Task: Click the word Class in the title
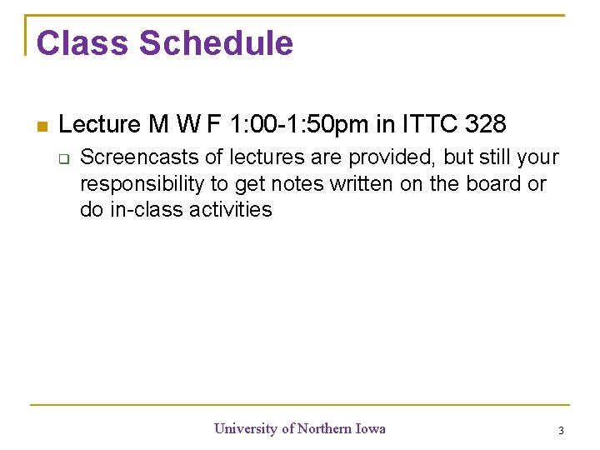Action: tap(82, 43)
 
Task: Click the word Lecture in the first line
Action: tap(100, 125)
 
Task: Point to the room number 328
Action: tap(485, 125)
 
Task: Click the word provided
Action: tap(392, 157)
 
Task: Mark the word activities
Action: tap(231, 210)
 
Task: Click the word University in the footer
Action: tap(246, 429)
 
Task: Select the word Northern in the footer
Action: tap(324, 429)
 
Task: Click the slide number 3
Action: tap(561, 431)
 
